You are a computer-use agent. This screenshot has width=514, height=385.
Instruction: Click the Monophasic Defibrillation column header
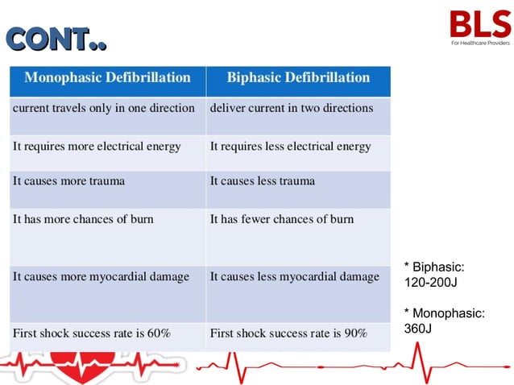pyautogui.click(x=107, y=78)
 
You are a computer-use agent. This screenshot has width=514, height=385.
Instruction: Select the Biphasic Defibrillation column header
pyautogui.click(x=298, y=78)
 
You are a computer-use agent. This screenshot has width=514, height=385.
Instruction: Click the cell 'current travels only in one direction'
pyautogui.click(x=104, y=108)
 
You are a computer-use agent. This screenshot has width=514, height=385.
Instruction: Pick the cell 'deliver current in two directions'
pyautogui.click(x=292, y=108)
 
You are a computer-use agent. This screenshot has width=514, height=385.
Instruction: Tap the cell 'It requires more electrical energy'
pyautogui.click(x=97, y=147)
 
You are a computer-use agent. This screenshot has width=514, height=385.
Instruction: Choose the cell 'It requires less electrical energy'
pyautogui.click(x=290, y=147)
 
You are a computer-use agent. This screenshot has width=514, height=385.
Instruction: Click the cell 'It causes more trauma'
pyautogui.click(x=69, y=181)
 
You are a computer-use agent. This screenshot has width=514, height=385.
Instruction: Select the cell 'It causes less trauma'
pyautogui.click(x=263, y=181)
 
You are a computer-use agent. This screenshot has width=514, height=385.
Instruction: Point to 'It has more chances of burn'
pyautogui.click(x=83, y=219)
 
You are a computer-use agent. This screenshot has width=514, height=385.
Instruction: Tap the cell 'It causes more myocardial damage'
pyautogui.click(x=102, y=277)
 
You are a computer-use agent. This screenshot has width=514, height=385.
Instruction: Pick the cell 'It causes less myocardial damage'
pyautogui.click(x=294, y=277)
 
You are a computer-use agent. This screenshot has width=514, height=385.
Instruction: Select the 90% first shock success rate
pyautogui.click(x=354, y=333)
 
